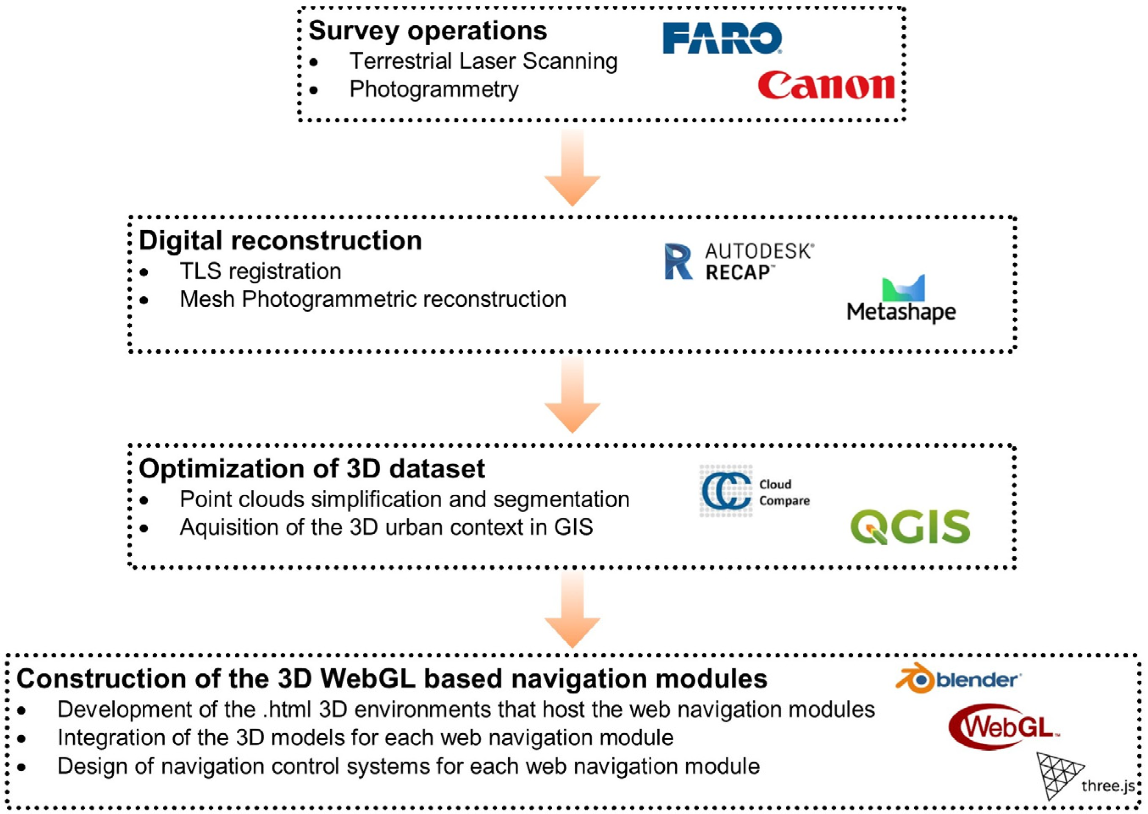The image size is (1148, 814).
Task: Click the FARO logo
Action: coord(722,38)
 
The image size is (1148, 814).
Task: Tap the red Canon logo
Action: coord(826,85)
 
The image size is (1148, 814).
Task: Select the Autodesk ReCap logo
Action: coord(739,262)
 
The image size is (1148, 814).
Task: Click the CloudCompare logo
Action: coord(755,491)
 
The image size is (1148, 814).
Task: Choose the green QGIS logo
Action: coord(910,527)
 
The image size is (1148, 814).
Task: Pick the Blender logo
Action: coord(958,680)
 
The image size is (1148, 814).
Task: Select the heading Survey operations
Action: coord(428,31)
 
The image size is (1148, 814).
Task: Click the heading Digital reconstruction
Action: coord(280,240)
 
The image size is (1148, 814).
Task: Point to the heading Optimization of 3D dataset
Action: coord(312,469)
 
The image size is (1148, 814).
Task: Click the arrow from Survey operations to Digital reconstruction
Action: coord(573,168)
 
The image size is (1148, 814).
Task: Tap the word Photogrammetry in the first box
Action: coord(434,89)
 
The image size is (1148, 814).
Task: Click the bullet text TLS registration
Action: coord(260,271)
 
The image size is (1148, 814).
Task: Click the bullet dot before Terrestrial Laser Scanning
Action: coord(314,62)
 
